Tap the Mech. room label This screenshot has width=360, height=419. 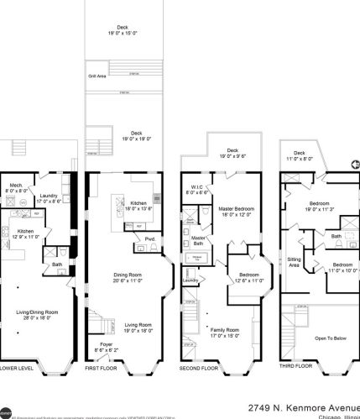click(16, 187)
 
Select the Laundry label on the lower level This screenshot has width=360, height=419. click(48, 197)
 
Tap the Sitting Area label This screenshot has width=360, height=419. click(294, 261)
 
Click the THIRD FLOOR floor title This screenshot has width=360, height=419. click(297, 367)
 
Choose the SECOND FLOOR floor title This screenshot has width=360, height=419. click(201, 368)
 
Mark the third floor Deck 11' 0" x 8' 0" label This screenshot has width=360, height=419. click(297, 155)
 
